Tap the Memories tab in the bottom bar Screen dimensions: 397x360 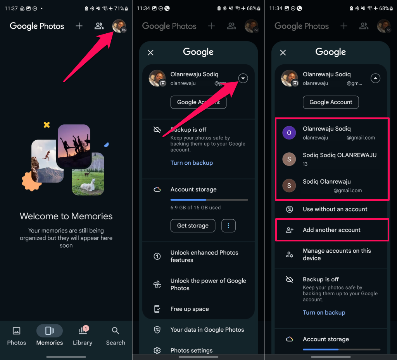pos(50,335)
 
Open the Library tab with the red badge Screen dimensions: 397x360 pos(83,335)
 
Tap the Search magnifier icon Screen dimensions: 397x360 pos(116,331)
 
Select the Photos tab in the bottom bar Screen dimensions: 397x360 pos(16,335)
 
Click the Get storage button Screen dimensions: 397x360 pos(193,226)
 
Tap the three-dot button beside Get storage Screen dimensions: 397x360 pos(228,226)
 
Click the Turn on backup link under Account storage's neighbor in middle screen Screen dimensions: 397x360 pos(192,163)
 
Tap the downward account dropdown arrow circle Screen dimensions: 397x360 pos(243,78)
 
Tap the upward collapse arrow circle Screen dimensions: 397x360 pos(375,78)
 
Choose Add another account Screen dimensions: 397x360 pos(332,230)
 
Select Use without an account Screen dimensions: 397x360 pos(335,209)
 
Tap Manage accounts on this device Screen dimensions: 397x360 pos(337,254)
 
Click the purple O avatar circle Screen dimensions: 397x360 pos(289,133)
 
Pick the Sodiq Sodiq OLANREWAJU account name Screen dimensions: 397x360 pos(340,155)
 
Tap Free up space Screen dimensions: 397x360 pos(190,309)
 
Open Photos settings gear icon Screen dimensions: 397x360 pos(157,350)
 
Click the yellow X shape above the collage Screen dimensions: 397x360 pos(47,125)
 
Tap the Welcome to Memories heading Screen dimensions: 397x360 pos(66,216)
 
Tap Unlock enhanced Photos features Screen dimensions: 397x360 pos(204,256)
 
